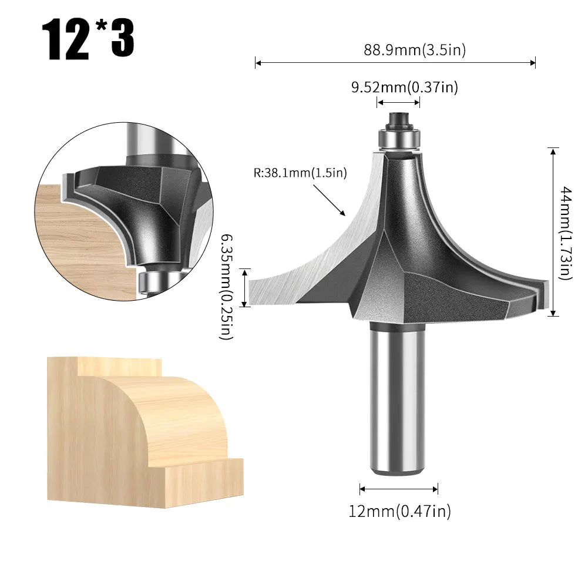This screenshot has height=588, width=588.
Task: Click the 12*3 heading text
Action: [88, 40]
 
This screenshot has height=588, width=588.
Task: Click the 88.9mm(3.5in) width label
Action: [415, 50]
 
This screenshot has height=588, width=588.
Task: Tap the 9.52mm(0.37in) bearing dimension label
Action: [404, 88]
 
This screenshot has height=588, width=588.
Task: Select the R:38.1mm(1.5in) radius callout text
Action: [301, 173]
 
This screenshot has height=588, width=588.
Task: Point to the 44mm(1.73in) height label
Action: [565, 232]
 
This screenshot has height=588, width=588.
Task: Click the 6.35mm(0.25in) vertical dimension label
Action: [227, 287]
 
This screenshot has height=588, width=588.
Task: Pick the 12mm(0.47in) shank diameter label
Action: [399, 512]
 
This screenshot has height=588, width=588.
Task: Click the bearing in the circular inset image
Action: [148, 280]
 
